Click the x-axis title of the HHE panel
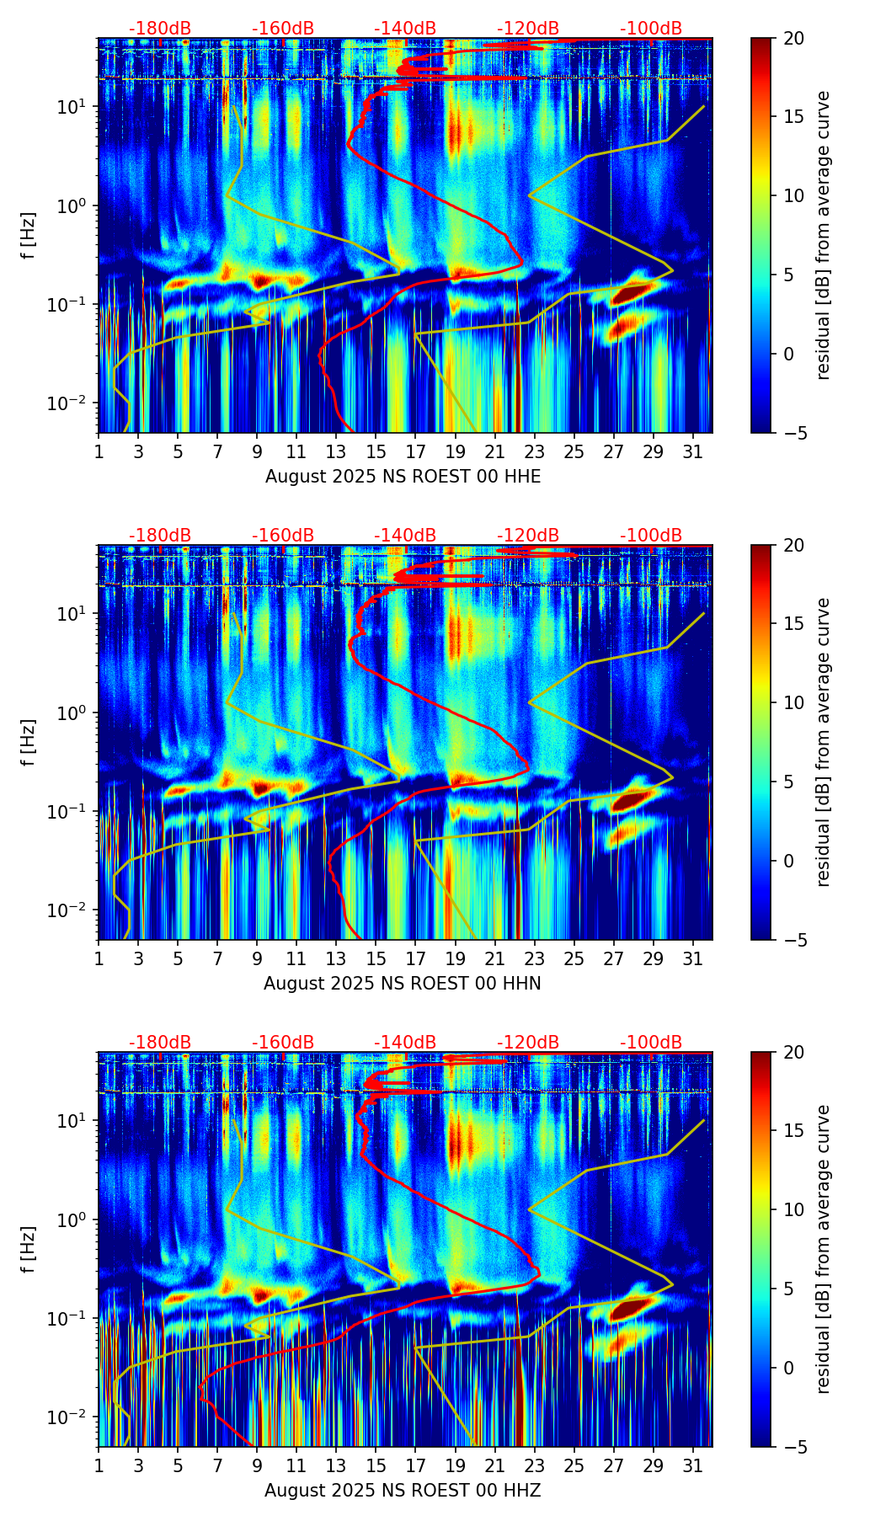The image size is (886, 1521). (x=403, y=477)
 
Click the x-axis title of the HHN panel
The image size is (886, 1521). (x=403, y=984)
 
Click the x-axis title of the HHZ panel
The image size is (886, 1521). (x=403, y=1491)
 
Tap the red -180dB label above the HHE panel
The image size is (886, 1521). (x=160, y=29)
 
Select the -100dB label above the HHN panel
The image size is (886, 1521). (x=651, y=536)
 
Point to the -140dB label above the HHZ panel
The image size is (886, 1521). (x=405, y=1043)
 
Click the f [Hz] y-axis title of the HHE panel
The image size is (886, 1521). (x=29, y=236)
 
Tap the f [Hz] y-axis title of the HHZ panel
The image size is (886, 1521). (x=29, y=1250)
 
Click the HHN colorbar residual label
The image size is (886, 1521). (x=824, y=742)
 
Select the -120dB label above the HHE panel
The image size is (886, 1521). (x=528, y=29)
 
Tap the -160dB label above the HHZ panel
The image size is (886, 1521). (x=283, y=1043)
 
